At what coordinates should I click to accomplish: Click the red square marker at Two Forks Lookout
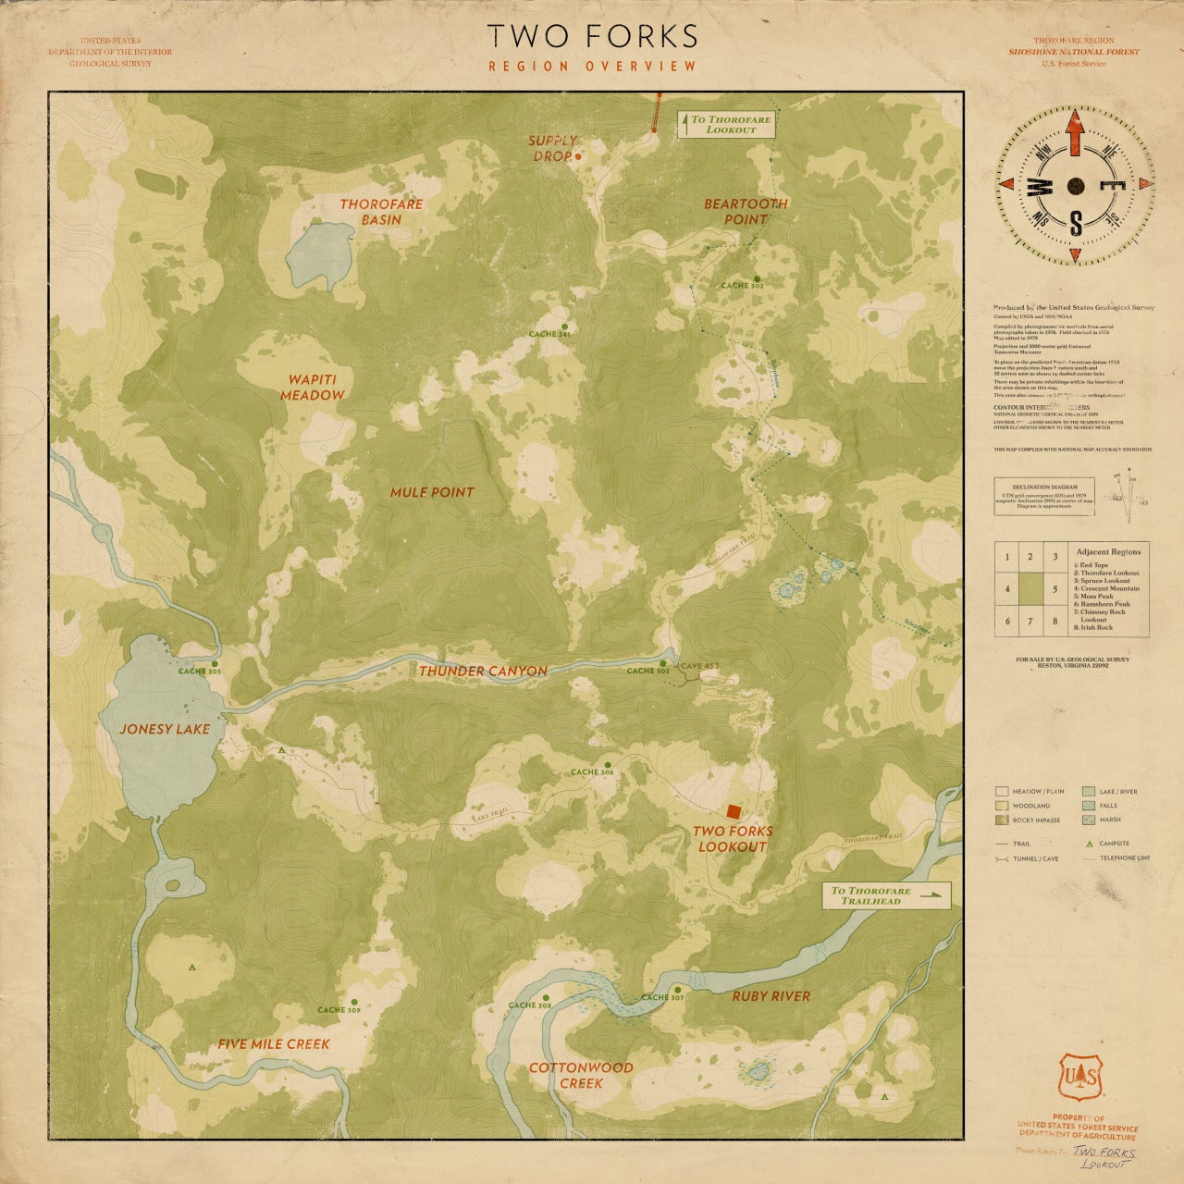coord(734,811)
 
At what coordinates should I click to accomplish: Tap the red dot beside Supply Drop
coord(578,157)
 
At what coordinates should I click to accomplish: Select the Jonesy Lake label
coord(165,729)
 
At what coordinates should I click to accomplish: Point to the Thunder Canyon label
coord(483,671)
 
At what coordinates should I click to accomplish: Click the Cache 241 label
coord(549,333)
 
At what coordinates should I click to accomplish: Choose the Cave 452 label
coord(699,666)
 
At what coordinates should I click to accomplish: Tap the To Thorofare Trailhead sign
coord(886,895)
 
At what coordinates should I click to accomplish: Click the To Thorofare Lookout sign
coord(724,125)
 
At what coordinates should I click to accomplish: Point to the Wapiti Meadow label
coord(313,388)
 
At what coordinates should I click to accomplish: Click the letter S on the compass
coord(1076,222)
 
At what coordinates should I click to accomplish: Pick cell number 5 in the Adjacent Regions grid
coord(1054,588)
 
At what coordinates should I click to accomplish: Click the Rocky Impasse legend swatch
coord(1002,820)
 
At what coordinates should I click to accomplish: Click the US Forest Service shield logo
coord(1079,1076)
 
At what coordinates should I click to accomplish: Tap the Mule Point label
coord(431,492)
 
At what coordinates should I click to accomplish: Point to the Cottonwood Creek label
coord(581,1075)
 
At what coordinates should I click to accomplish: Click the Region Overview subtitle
coord(592,66)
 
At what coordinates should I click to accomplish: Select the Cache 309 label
coord(339,1010)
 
